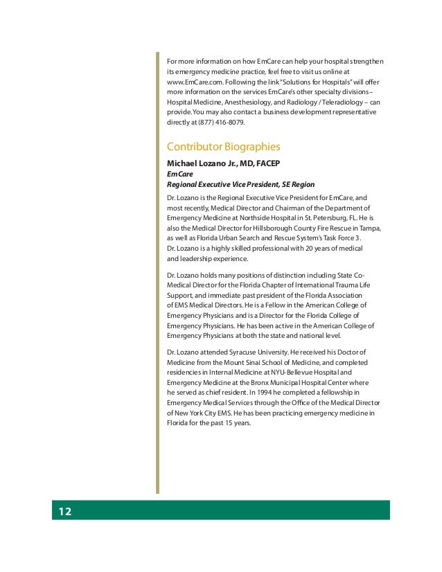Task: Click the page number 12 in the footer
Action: (64, 512)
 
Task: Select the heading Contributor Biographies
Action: (223, 147)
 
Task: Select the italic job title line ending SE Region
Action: (240, 184)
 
